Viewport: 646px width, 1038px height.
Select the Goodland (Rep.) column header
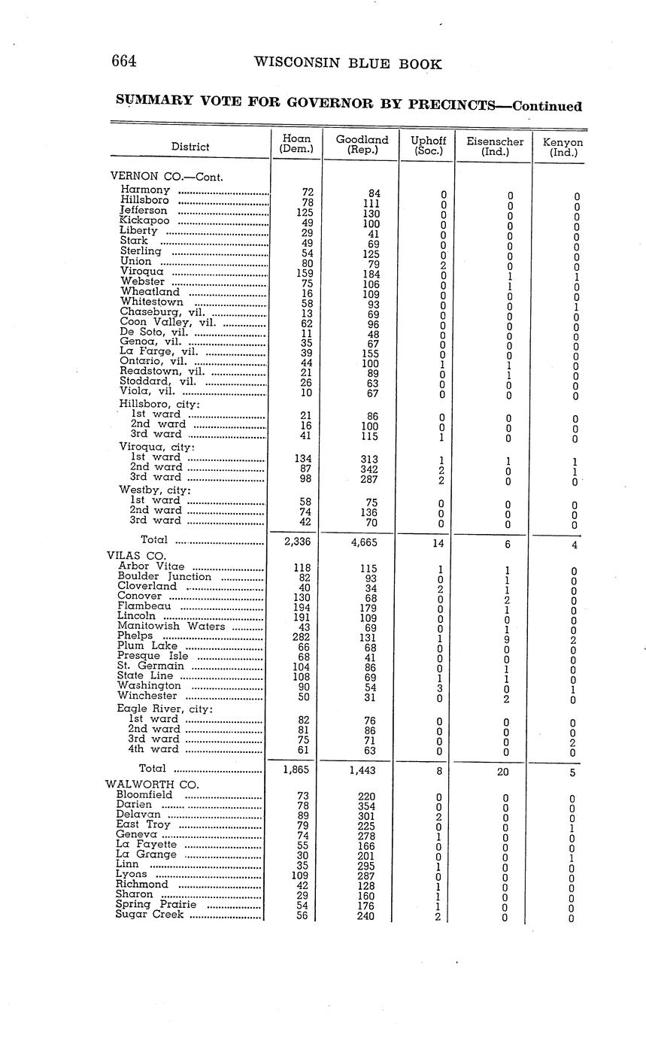click(x=362, y=144)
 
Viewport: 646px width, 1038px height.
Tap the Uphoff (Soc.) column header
click(x=428, y=145)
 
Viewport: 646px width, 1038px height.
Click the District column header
click(x=190, y=147)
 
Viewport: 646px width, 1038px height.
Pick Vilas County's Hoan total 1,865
click(x=296, y=769)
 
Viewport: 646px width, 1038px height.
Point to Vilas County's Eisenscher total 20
click(x=503, y=772)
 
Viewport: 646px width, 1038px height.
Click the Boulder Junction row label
click(x=164, y=576)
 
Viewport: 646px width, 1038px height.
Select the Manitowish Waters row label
click(x=171, y=626)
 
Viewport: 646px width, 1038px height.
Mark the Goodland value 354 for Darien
click(x=365, y=806)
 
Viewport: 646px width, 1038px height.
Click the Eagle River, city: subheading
click(x=165, y=709)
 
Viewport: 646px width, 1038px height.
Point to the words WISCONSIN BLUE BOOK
click(x=347, y=64)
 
